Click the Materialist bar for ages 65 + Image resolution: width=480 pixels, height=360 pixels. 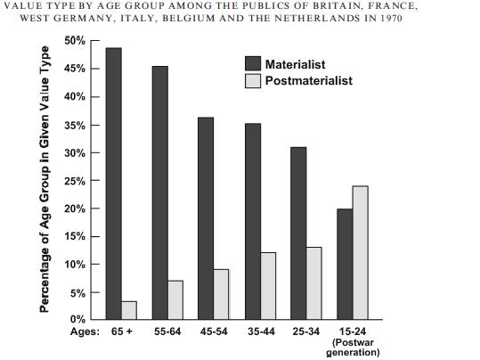coord(114,184)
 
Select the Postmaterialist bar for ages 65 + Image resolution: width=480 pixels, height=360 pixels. coord(129,310)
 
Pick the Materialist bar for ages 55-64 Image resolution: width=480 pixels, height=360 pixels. coord(159,192)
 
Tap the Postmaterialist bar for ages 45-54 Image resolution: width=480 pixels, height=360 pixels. coord(221,294)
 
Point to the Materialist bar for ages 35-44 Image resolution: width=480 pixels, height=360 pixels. coord(253,222)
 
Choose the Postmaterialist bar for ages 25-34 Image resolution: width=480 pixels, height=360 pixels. coord(314,283)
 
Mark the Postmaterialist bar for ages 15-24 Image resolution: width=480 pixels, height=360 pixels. coord(361,253)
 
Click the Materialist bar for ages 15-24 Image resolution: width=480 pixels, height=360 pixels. coord(345,264)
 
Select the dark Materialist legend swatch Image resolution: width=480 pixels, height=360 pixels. coord(253,64)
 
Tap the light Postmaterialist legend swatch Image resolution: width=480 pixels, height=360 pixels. coord(253,81)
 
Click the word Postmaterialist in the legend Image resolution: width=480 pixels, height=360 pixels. coord(309,80)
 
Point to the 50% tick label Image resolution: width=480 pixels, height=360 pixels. coord(75,40)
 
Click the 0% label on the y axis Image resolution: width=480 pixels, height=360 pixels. coord(77,319)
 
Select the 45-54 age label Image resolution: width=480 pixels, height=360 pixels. coord(214,331)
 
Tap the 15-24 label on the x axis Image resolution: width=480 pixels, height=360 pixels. coord(353,331)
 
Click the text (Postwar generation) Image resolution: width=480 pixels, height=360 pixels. coord(353,348)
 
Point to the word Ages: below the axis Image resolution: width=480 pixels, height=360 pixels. coord(85,331)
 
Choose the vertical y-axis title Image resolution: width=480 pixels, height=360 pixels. coord(45,179)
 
